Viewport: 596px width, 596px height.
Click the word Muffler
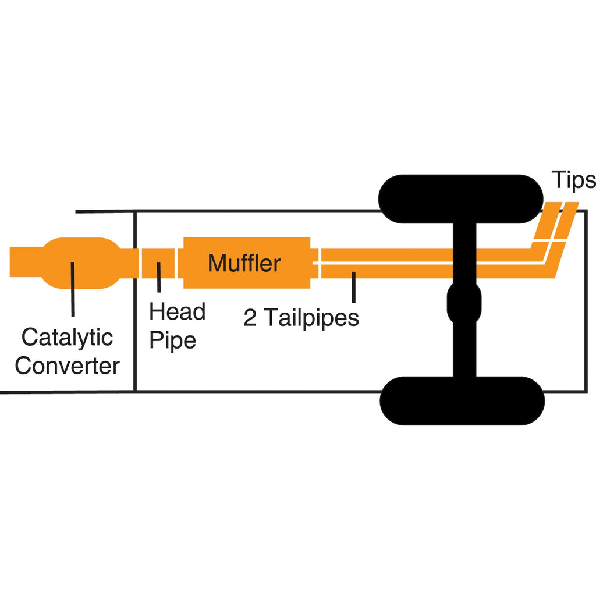[x=244, y=264]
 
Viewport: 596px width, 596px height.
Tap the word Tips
[x=573, y=180]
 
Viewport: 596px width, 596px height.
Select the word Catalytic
[x=67, y=337]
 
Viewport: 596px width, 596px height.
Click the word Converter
[x=67, y=366]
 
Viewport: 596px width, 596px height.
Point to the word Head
[x=178, y=312]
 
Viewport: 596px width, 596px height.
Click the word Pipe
[x=173, y=340]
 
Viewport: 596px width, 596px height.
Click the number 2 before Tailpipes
[x=250, y=318]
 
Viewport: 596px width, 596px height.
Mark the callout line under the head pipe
[x=159, y=278]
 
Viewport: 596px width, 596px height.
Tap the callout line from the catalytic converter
[x=73, y=291]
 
